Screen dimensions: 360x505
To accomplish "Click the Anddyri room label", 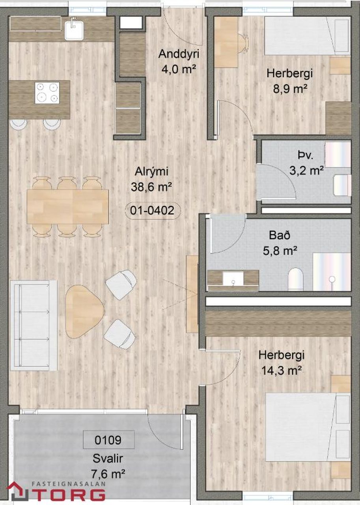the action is [179, 54].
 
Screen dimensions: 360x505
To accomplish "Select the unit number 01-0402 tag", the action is [152, 211].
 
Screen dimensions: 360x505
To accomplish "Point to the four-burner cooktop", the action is [47, 93].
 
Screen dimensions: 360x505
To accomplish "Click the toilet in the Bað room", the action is [296, 279].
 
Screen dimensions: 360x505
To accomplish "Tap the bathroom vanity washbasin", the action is [233, 279].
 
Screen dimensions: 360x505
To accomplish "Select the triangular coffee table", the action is [84, 312].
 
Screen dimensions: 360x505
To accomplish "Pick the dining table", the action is [67, 206].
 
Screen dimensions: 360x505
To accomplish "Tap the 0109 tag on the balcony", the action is [108, 440].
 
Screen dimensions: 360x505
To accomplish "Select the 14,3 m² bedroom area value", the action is [282, 370].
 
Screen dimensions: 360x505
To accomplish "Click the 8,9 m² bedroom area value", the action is [290, 89].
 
